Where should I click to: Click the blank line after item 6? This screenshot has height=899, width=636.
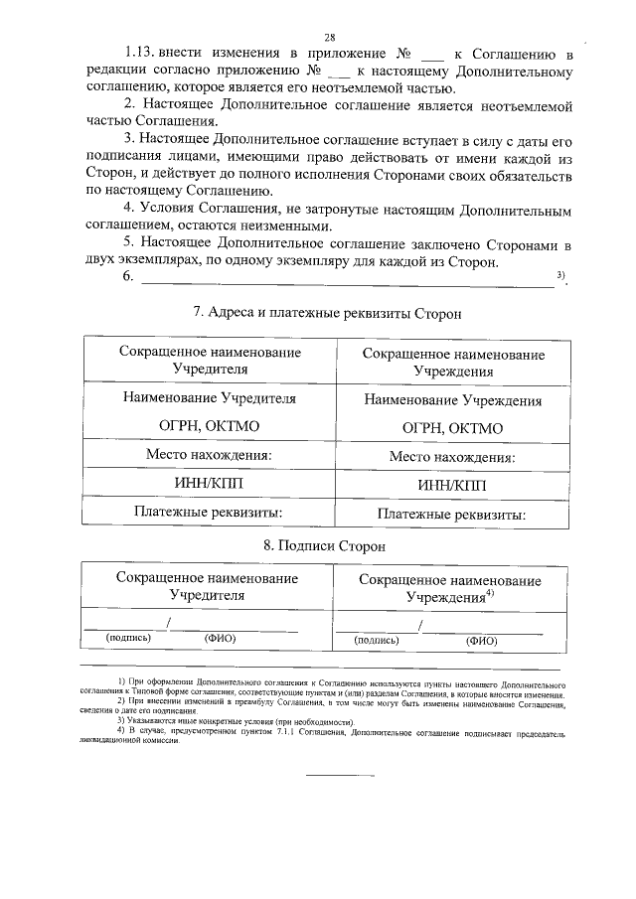pyautogui.click(x=348, y=284)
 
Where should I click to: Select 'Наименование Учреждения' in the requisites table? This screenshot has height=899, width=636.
pyautogui.click(x=452, y=401)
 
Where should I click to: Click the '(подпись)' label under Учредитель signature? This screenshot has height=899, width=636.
pyautogui.click(x=127, y=639)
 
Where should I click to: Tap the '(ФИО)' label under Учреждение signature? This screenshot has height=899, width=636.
pyautogui.click(x=481, y=642)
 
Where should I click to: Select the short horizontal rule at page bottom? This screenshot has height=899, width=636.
pyautogui.click(x=339, y=774)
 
